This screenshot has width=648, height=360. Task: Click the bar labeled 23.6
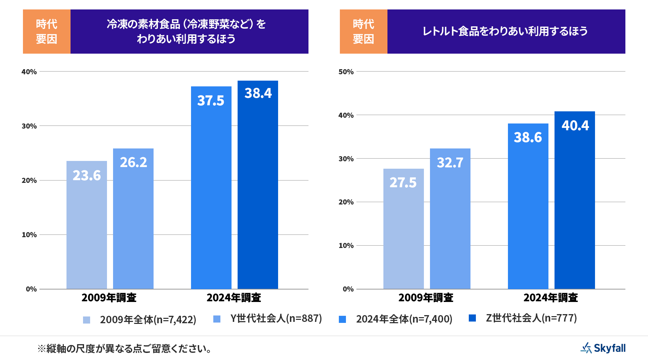(x=87, y=225)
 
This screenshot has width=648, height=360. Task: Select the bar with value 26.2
(x=133, y=219)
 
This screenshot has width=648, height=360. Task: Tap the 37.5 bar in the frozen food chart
(x=211, y=188)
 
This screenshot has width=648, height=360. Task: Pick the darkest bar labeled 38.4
(x=258, y=185)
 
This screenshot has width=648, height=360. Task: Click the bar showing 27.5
(x=404, y=229)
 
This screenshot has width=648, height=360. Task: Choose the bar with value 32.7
(x=450, y=219)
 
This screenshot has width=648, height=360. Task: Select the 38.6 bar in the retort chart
(x=528, y=206)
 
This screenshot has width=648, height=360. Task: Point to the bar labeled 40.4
(x=575, y=200)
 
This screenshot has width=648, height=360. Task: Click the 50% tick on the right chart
(x=346, y=72)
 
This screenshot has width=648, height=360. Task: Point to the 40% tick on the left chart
(x=29, y=72)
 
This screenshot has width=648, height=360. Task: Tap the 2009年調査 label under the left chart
(x=109, y=298)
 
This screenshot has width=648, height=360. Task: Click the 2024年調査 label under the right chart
(x=551, y=298)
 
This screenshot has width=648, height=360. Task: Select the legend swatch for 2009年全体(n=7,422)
(x=87, y=320)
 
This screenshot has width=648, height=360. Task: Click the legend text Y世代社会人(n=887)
(x=276, y=319)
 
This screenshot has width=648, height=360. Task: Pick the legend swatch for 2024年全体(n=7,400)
(x=343, y=319)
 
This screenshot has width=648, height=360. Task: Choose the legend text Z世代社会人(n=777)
(x=531, y=318)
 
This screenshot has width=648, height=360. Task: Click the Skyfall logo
(x=603, y=348)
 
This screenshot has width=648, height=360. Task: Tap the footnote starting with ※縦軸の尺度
(x=125, y=349)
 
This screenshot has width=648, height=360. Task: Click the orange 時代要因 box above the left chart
(x=47, y=31)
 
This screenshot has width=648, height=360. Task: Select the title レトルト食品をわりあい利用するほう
(x=505, y=31)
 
